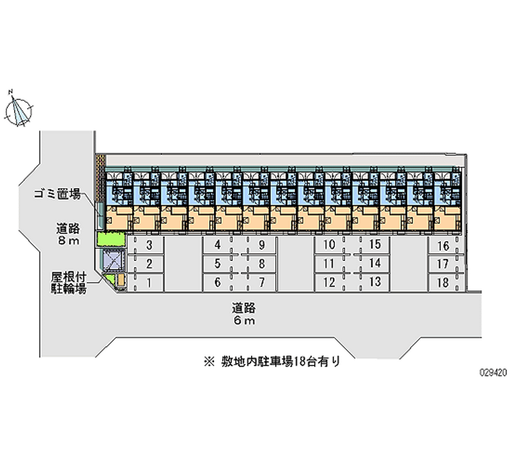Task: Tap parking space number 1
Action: (148, 281)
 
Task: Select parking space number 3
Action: (148, 246)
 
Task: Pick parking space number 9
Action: (262, 246)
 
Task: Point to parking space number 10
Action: (329, 246)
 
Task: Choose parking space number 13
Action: (375, 281)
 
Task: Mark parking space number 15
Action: (375, 246)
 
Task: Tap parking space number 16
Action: (443, 246)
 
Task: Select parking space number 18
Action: (443, 281)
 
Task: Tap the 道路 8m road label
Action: (68, 234)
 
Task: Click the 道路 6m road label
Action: (244, 314)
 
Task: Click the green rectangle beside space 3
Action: (111, 240)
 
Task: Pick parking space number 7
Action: (262, 281)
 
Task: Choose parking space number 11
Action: (329, 264)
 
